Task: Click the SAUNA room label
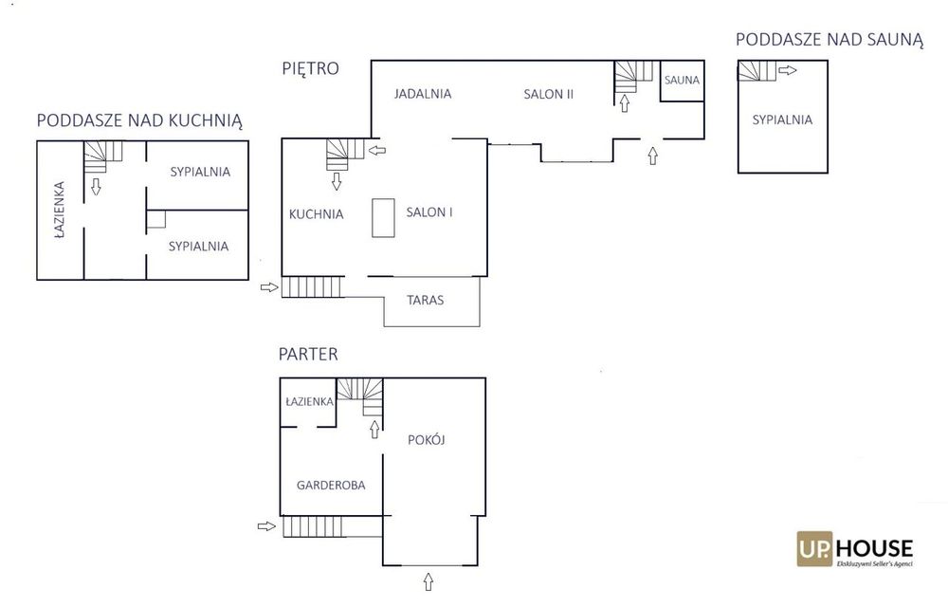point(682,80)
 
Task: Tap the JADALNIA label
point(423,94)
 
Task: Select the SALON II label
point(548,94)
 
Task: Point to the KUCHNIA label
point(317,214)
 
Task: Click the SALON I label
point(429,212)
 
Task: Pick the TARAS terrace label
point(425,300)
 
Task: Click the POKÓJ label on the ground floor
point(427,439)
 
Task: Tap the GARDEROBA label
point(331,485)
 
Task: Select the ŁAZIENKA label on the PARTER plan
point(310,401)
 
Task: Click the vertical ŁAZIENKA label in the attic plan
point(59,210)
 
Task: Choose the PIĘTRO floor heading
point(310,69)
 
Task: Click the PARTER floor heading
point(308,354)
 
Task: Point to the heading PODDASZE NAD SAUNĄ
point(829,40)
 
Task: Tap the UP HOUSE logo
point(855,549)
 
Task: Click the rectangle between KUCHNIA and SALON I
point(383,217)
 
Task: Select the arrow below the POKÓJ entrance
point(428,581)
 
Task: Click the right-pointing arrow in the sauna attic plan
point(787,70)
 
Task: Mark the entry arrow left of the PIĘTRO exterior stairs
point(269,287)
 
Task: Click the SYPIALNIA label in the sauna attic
point(782,120)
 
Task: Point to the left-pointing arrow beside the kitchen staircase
point(377,150)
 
